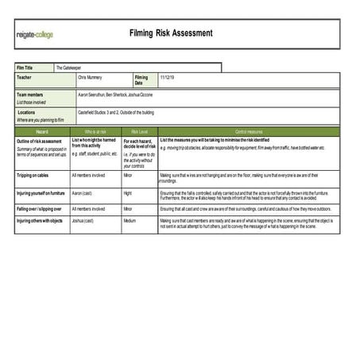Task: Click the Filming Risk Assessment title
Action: (x=171, y=33)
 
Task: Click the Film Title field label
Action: (x=25, y=68)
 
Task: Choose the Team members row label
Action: (x=31, y=94)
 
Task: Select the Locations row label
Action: (x=26, y=112)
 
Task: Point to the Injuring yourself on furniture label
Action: (x=41, y=192)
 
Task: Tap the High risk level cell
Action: (x=128, y=192)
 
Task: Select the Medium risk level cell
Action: (x=130, y=220)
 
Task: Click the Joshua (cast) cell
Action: (x=83, y=220)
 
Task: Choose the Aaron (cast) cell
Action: (x=83, y=192)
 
